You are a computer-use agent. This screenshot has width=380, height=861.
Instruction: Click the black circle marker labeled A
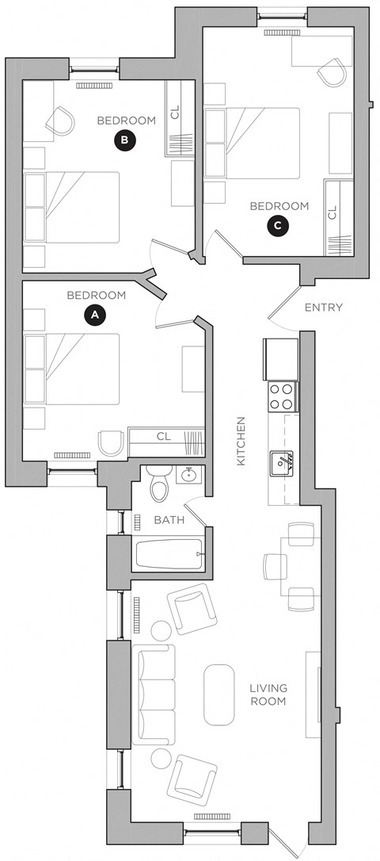(x=95, y=315)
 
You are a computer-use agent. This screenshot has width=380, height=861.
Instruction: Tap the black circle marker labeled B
(x=125, y=140)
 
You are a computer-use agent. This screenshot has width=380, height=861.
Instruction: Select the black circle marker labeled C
(x=277, y=225)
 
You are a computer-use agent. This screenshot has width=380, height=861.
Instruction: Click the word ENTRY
(x=323, y=308)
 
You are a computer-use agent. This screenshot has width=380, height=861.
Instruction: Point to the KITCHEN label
(x=242, y=441)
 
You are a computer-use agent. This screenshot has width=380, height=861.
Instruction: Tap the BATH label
(x=169, y=520)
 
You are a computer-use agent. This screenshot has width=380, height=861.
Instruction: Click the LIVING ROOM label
(x=268, y=695)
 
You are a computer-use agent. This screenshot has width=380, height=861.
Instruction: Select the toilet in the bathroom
(x=159, y=485)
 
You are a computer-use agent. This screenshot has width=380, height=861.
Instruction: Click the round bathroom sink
(x=189, y=476)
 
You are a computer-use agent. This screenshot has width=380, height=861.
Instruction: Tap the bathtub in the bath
(x=170, y=553)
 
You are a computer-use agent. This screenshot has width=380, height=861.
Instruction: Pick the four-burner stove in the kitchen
(x=281, y=396)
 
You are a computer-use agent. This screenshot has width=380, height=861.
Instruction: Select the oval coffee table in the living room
(x=219, y=695)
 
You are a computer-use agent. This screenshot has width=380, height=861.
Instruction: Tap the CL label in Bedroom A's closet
(x=164, y=436)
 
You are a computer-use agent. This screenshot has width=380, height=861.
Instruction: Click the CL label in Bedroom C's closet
(x=332, y=212)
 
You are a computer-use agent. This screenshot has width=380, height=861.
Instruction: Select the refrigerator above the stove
(x=280, y=359)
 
